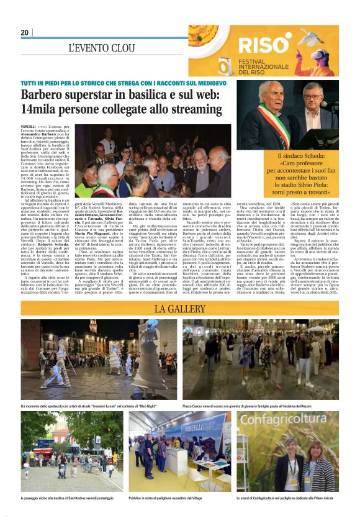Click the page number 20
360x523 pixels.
[24, 32]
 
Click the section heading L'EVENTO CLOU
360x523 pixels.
[101, 48]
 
